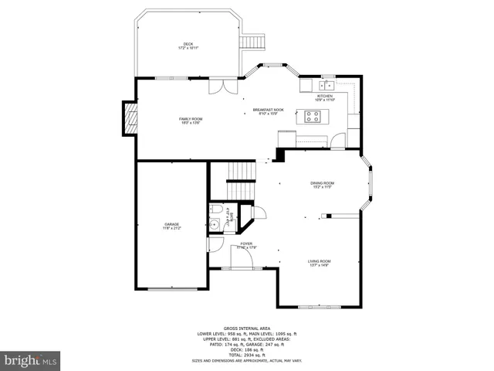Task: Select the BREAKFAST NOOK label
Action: [x=268, y=111]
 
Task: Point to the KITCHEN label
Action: [x=324, y=97]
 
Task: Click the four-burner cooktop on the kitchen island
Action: [x=313, y=117]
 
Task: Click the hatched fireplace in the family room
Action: [x=130, y=117]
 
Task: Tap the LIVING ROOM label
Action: [x=320, y=263]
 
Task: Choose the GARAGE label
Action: [x=171, y=226]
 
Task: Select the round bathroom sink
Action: [x=214, y=226]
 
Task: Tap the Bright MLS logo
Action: [x=31, y=360]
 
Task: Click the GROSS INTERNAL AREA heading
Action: [x=247, y=328]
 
